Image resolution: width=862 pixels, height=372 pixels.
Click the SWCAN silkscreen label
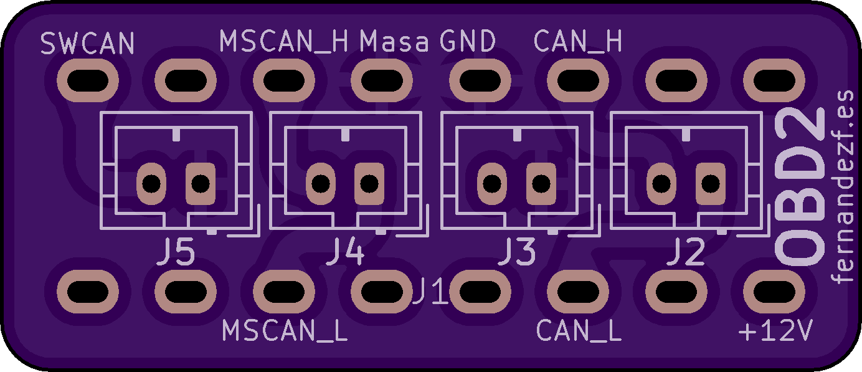click(x=87, y=44)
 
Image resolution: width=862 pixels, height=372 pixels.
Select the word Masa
click(x=395, y=42)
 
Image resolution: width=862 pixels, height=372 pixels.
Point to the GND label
click(x=468, y=42)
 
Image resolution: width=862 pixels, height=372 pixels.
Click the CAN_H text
click(x=578, y=42)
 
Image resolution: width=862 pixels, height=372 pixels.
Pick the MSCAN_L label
click(x=285, y=331)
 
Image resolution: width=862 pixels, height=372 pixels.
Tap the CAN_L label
click(x=579, y=331)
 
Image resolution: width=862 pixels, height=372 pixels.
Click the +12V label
click(x=775, y=331)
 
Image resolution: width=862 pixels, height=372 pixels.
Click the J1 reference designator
click(x=431, y=291)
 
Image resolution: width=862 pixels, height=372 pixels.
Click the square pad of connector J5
click(x=200, y=183)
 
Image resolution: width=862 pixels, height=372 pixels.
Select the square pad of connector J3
click(x=541, y=183)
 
